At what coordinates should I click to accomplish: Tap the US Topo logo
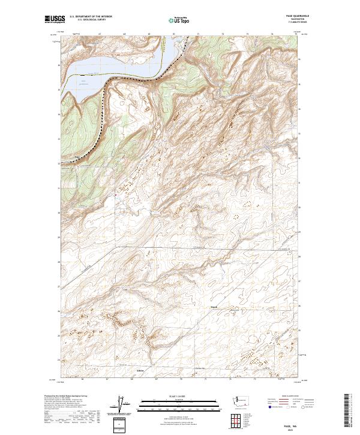tap(180, 19)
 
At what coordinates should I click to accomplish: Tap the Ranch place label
tap(214, 308)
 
